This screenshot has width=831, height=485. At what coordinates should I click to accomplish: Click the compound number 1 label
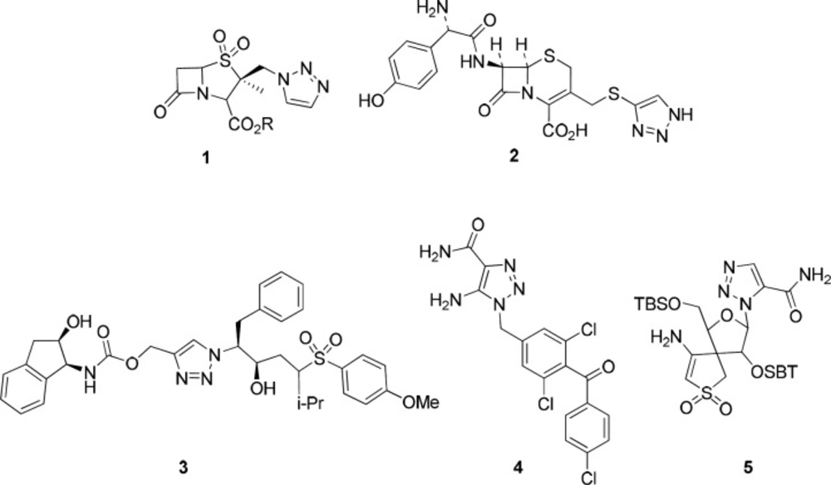[x=206, y=158]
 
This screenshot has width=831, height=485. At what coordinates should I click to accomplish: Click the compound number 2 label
[x=513, y=157]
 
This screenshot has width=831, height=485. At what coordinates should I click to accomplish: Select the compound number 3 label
[x=183, y=468]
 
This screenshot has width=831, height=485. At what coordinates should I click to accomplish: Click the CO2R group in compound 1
[x=251, y=125]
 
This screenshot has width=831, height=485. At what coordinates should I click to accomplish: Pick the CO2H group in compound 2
[x=565, y=130]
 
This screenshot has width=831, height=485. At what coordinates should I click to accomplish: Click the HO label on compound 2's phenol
[x=371, y=100]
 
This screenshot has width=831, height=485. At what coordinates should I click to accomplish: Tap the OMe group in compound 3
[x=420, y=403]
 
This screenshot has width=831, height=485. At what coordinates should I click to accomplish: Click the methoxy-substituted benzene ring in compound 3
[x=366, y=380]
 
